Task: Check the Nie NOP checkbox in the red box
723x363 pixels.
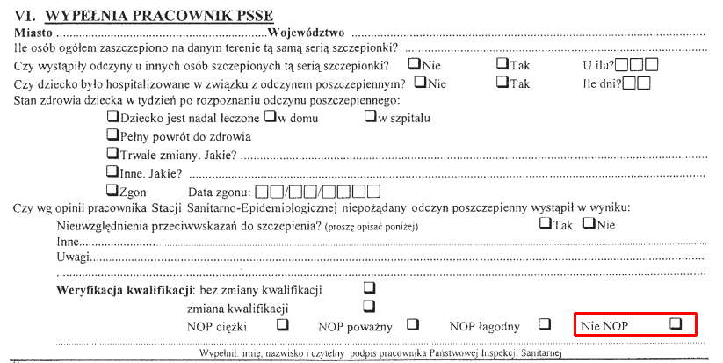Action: click(x=675, y=323)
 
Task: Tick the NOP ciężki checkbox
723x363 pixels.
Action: click(x=283, y=324)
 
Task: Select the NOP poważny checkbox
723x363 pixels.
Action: click(x=412, y=324)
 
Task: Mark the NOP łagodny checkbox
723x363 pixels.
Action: click(x=545, y=324)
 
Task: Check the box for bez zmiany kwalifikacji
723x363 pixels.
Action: click(x=368, y=288)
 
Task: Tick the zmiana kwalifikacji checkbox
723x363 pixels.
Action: click(x=368, y=306)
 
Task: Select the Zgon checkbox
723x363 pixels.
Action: click(x=112, y=190)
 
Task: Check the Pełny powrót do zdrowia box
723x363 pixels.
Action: click(x=112, y=135)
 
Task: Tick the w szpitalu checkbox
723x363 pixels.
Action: click(x=370, y=117)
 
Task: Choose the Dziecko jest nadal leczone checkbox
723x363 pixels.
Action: click(x=112, y=117)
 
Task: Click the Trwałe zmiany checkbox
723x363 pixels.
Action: click(x=112, y=154)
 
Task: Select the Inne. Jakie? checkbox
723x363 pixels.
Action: click(x=112, y=172)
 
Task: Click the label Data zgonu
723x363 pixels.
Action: click(x=219, y=192)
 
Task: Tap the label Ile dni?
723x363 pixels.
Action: click(x=603, y=84)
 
